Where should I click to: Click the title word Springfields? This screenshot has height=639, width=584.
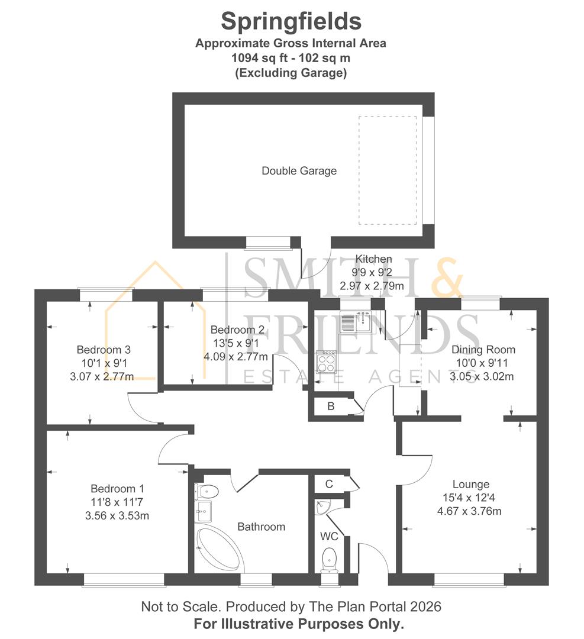point(291,22)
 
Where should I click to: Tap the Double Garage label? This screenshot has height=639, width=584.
point(299,171)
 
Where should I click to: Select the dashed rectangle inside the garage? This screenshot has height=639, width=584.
point(388,170)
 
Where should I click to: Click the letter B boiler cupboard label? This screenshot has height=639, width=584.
point(331,406)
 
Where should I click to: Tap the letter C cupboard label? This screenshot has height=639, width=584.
point(330,484)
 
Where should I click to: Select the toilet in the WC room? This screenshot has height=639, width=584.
point(330,560)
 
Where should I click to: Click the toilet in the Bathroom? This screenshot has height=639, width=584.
point(207,492)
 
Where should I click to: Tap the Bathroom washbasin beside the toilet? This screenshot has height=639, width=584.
point(204,511)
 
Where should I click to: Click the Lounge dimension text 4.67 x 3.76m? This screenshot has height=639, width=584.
point(469,511)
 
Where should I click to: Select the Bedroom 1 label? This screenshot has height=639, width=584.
point(117,489)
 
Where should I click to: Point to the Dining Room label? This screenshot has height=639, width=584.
point(483,350)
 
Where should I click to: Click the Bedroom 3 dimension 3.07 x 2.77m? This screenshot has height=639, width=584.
point(102,376)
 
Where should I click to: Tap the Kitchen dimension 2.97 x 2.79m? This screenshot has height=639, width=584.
point(372,286)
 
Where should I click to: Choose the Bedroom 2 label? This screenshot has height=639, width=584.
point(238,330)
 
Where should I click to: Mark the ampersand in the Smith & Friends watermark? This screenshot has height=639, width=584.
point(447,277)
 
